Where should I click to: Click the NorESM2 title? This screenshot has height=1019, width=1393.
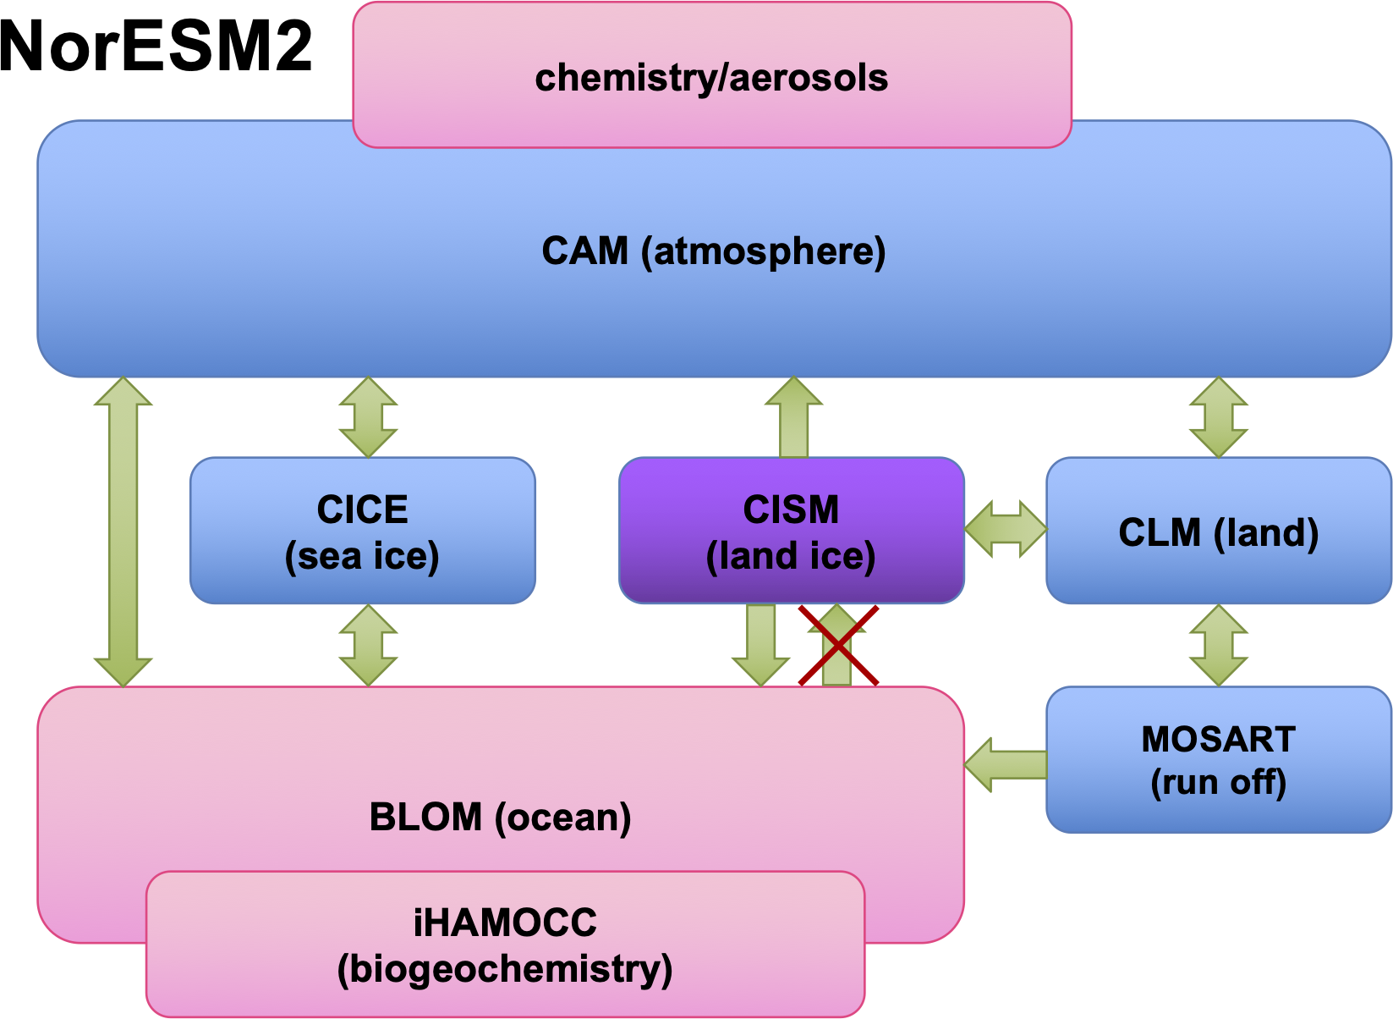156,47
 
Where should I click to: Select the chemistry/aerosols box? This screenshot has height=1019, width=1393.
711,77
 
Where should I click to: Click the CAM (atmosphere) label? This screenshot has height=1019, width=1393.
713,251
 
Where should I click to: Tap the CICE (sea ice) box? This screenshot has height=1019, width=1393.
362,532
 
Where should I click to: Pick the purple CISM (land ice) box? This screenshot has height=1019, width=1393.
791,532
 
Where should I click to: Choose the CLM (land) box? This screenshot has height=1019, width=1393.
1218,532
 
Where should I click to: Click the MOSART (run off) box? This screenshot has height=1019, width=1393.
1218,760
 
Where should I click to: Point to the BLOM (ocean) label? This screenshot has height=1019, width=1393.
500,818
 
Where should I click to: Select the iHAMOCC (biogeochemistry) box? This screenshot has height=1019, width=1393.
505,945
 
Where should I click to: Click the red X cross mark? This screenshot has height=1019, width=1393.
838,646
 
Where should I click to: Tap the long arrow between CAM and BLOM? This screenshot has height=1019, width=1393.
123,532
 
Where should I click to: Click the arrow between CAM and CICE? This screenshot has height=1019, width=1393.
368,417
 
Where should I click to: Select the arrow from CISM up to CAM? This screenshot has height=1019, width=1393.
793,417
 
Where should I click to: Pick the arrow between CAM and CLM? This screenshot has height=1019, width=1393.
1218,417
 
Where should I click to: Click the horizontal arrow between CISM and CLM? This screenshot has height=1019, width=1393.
1006,530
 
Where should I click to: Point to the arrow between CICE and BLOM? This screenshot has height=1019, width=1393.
368,645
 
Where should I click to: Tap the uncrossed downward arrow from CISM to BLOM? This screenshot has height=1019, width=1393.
761,643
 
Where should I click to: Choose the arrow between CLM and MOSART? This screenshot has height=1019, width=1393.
1218,645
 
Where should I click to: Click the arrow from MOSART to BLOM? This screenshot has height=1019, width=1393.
1006,764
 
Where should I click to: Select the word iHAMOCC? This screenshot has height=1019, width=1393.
505,923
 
